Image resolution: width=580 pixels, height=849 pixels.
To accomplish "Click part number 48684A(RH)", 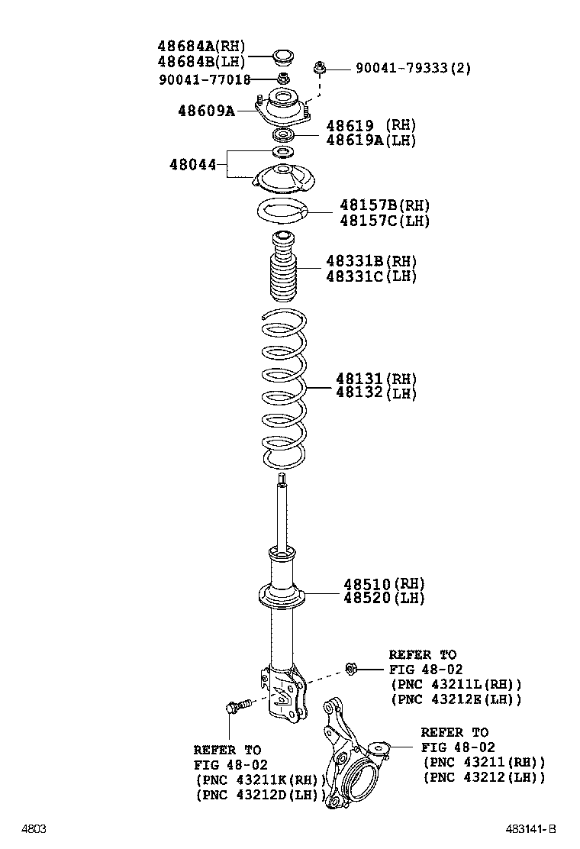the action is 201,46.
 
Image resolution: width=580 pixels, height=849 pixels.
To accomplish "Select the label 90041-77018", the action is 205,80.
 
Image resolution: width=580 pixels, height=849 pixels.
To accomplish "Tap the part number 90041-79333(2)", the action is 413,68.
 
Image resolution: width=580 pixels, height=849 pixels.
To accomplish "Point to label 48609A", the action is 207,111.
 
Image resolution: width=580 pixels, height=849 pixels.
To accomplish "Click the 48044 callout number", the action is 192,164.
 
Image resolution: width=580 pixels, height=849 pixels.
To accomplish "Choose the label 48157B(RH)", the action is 385,205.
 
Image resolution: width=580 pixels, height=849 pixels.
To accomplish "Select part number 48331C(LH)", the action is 371,276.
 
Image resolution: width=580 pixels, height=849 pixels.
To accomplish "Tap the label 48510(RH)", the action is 384,584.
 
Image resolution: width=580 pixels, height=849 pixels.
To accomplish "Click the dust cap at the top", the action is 282,56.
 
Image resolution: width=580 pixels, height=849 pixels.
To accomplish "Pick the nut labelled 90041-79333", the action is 319,68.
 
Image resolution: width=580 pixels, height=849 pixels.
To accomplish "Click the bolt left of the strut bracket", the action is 239,706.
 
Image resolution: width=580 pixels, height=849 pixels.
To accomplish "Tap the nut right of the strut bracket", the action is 350,670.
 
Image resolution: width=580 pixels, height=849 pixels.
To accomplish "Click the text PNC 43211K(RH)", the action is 261,780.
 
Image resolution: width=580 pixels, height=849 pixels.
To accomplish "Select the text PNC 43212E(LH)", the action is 456,699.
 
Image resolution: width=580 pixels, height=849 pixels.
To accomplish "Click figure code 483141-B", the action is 530,829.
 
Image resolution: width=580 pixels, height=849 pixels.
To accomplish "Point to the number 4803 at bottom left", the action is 34,829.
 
